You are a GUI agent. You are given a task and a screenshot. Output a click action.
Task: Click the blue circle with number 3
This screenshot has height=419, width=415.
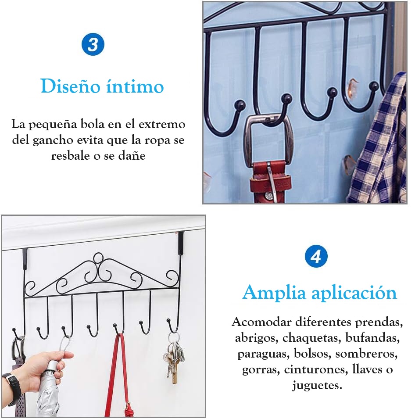93,45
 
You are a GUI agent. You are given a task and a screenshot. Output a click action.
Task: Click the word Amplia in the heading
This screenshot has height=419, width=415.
271,293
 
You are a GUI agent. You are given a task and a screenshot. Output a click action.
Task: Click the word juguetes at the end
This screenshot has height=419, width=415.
317,385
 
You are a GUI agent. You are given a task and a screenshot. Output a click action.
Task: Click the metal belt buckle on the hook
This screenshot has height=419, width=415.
269,140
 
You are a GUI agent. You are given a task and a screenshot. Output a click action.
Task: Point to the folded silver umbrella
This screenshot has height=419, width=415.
48,390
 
